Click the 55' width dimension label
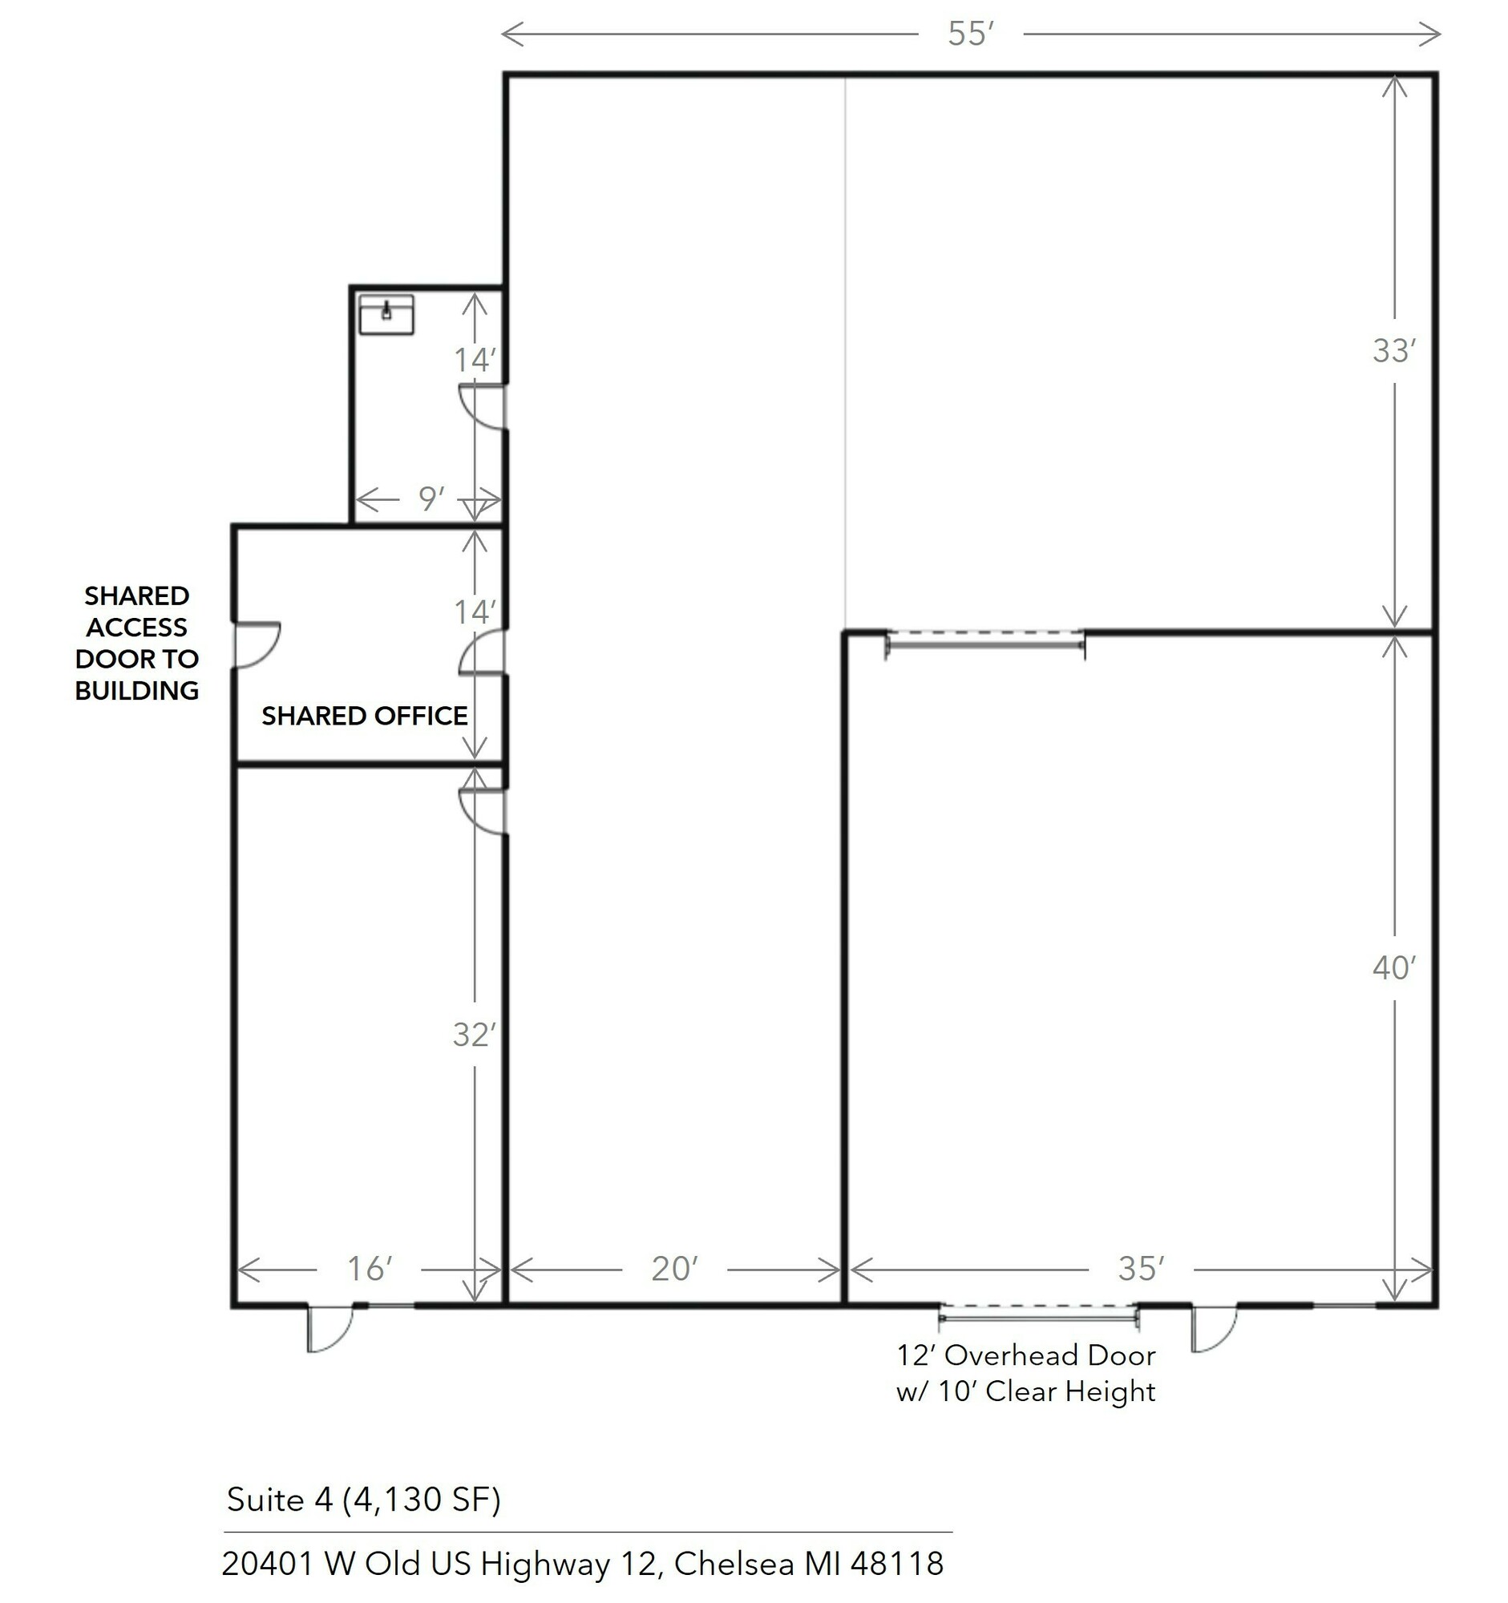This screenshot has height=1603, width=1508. [971, 34]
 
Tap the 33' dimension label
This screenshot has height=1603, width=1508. [1394, 351]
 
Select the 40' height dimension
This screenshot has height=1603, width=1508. [1394, 967]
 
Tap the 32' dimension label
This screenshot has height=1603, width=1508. [474, 1035]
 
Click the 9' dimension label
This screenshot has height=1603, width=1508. [431, 499]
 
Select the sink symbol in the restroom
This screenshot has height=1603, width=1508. [386, 313]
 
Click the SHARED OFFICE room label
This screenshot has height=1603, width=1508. [365, 715]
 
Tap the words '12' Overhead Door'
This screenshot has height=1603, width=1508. [1025, 1355]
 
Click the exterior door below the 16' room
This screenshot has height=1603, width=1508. [329, 1327]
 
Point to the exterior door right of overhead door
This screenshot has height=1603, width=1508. [1215, 1327]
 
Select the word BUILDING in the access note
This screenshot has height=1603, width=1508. [137, 690]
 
